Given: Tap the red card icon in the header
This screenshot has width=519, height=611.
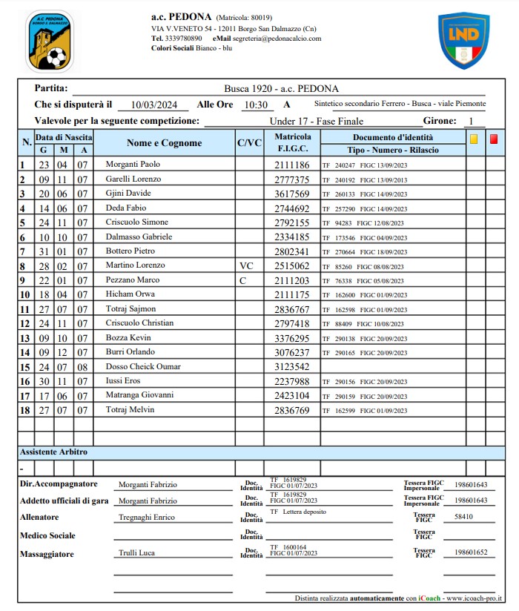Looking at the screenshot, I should [494, 138].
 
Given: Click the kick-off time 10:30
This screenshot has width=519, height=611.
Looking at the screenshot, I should [255, 105].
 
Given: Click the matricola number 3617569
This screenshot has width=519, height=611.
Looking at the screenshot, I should [292, 194].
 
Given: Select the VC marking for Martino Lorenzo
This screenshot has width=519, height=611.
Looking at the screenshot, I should [246, 265].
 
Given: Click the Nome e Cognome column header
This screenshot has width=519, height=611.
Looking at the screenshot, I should [164, 143].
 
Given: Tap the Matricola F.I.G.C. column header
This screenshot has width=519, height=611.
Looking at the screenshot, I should [293, 143].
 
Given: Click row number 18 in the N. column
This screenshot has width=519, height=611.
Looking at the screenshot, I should [25, 409].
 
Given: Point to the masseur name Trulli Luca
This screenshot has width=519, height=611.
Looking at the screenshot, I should [136, 553].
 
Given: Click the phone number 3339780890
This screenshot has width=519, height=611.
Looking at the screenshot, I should [184, 38].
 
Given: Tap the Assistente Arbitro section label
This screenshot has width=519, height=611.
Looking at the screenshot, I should [53, 452].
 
